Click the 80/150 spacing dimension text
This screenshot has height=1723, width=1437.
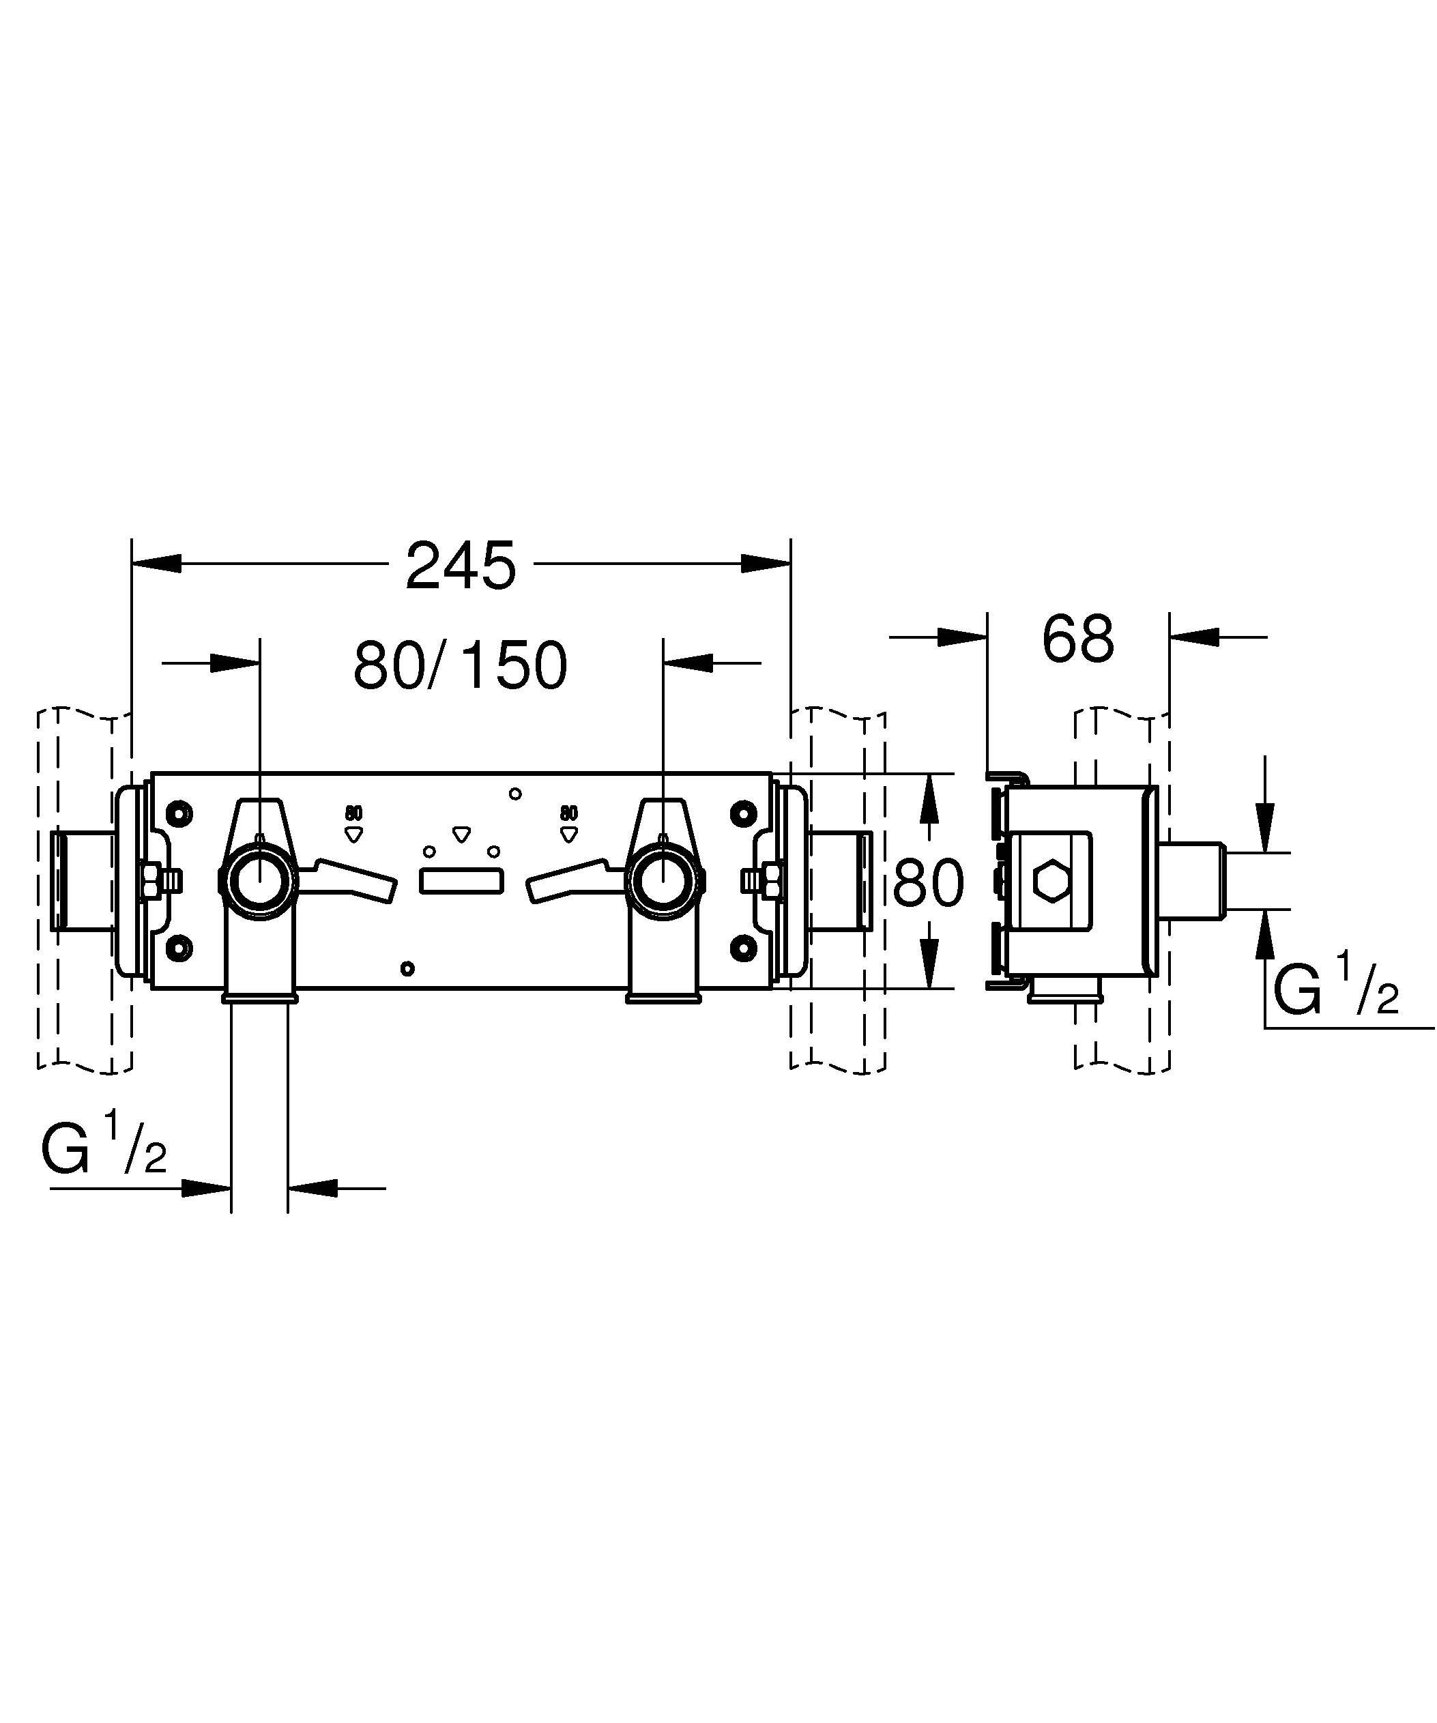[x=460, y=665]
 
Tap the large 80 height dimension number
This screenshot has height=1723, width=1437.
[x=928, y=884]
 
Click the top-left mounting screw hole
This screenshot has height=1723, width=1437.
[x=178, y=813]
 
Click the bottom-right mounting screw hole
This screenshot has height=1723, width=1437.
[x=742, y=948]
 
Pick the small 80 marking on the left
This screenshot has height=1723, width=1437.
[x=353, y=813]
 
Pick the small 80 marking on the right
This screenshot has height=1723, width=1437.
[x=568, y=813]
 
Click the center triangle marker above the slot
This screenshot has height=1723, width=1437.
[x=462, y=835]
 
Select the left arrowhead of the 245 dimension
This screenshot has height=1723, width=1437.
[x=156, y=564]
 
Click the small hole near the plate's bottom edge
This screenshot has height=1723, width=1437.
[x=407, y=968]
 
